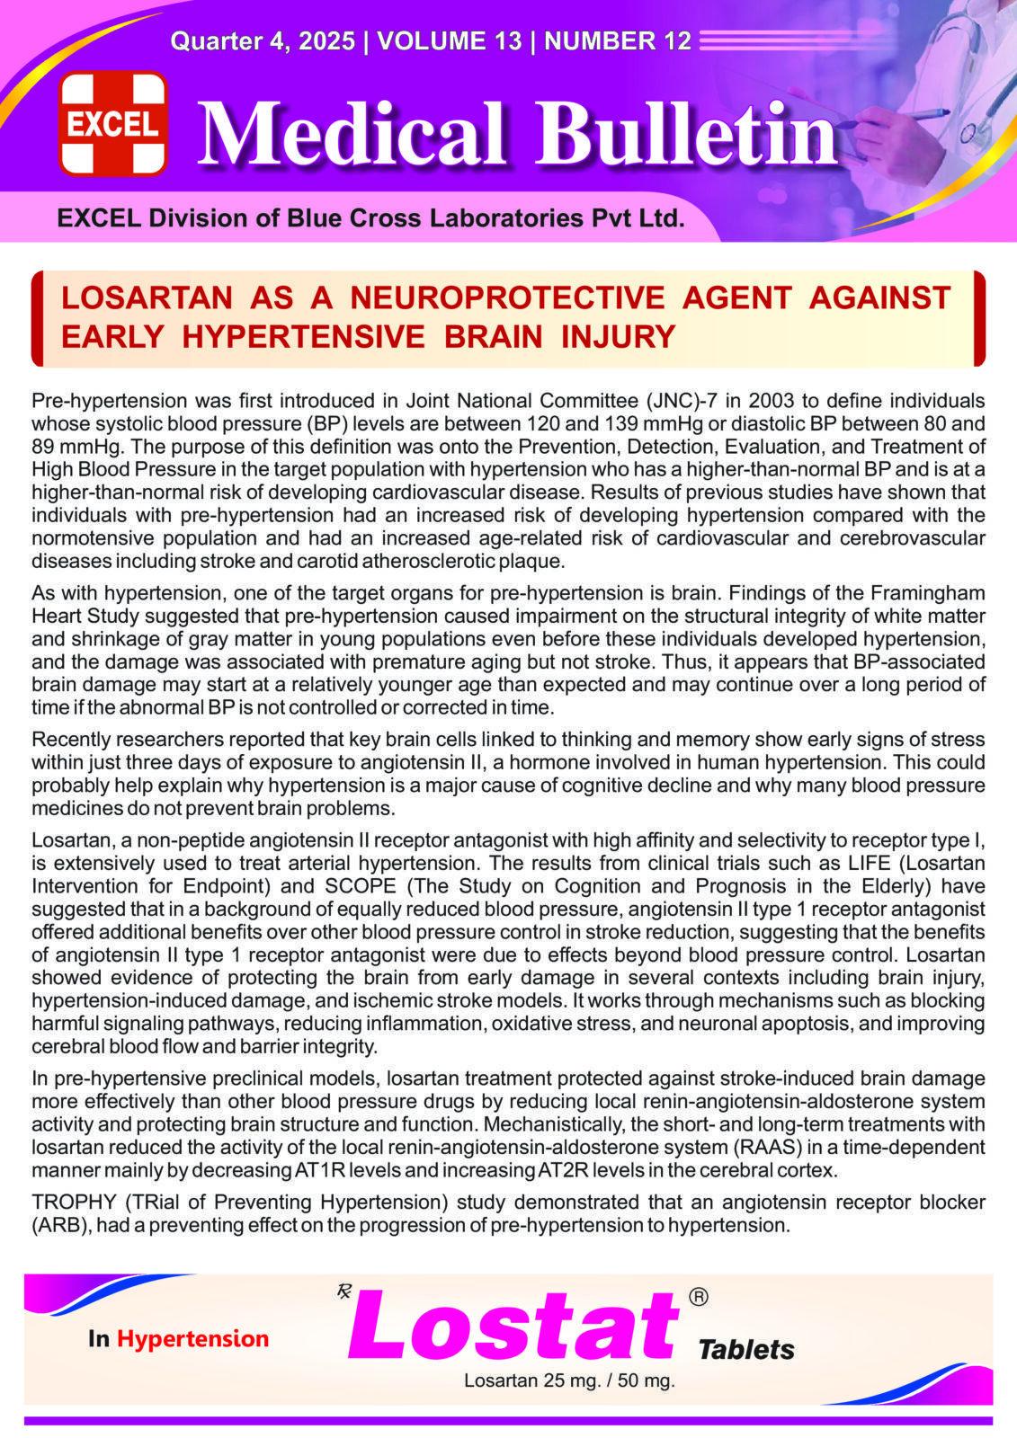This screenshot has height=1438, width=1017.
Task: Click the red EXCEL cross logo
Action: click(x=113, y=123)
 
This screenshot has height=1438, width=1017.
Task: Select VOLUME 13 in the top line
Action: click(x=450, y=41)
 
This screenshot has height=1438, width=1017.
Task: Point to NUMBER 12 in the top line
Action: click(x=618, y=41)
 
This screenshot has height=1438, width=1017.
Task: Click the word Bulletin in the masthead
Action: click(x=687, y=135)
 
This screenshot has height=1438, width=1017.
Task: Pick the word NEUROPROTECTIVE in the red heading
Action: click(x=507, y=297)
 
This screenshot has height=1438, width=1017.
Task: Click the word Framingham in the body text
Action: click(x=928, y=593)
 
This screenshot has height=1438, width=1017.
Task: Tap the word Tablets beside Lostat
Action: click(x=746, y=1349)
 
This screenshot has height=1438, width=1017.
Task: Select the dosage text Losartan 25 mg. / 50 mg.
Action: click(x=569, y=1380)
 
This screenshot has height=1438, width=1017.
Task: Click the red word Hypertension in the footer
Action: click(x=192, y=1339)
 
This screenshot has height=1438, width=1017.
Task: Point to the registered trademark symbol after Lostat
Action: click(x=698, y=1297)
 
